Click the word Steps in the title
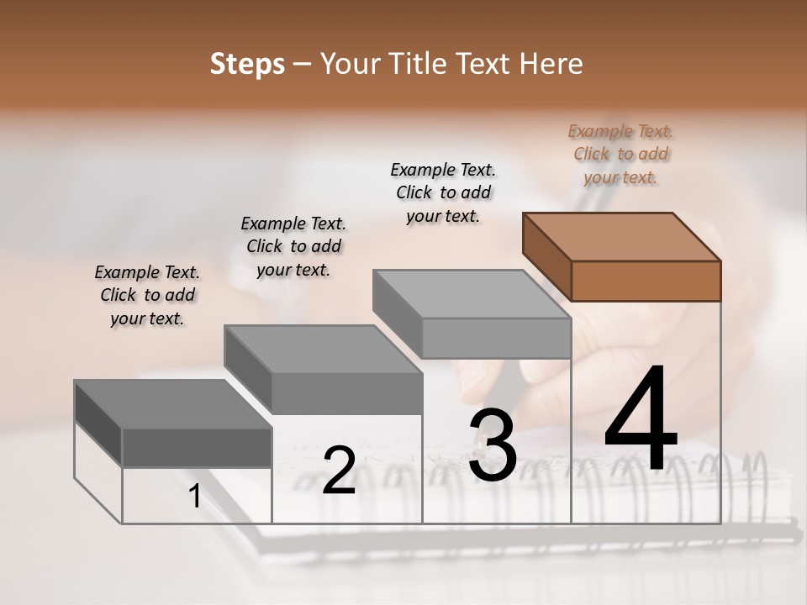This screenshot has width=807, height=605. pos(247,64)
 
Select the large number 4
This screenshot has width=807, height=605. pos(641,419)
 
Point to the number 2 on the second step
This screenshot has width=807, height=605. pos(340,471)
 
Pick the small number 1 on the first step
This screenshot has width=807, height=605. pos(195,497)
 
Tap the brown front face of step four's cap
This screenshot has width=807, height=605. pos(646,281)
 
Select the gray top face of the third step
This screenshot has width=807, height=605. pos(472,294)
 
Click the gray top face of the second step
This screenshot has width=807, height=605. pos(323,349)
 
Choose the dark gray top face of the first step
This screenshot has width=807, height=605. pos(173,404)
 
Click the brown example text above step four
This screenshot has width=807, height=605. pos(621,154)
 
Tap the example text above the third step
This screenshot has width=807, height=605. pos(444,192)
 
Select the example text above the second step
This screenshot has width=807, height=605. pos(293,246)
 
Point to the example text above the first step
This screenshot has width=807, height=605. pos(147,295)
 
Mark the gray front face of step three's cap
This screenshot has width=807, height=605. pos(496,339)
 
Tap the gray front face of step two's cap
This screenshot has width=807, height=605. pos(347,393)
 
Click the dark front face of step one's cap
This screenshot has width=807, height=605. pos(197,447)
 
